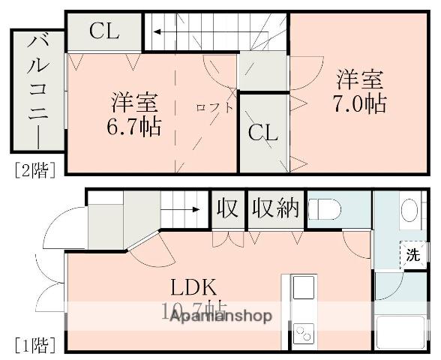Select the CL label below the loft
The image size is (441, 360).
pos(263,133)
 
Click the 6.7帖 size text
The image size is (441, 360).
pos(133,126)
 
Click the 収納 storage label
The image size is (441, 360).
pos(275,207)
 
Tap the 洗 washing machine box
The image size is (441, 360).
pos(413,253)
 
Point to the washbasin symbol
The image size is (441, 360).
pos(409,209)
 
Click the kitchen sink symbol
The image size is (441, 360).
pos(303,287)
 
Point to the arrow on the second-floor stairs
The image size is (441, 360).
pos(159,31)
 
